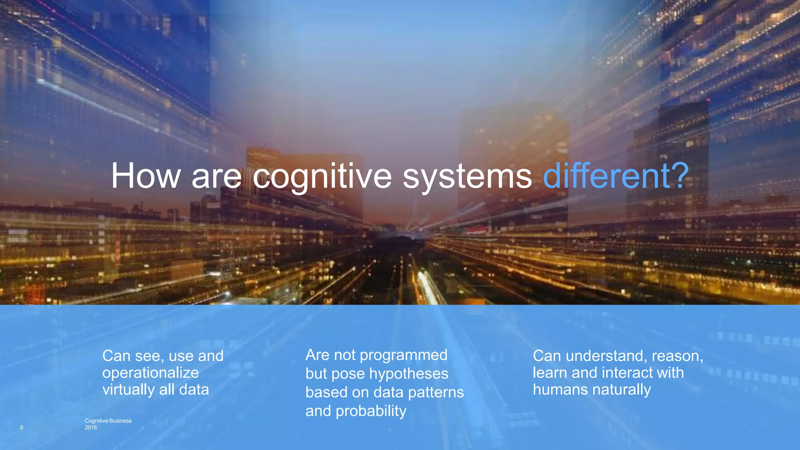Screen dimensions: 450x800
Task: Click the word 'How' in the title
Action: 146,176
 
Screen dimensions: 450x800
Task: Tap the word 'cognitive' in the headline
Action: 322,176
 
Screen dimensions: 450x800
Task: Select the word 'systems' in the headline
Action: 467,176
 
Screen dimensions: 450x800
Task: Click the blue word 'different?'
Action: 616,176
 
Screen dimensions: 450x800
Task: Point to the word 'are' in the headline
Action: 216,176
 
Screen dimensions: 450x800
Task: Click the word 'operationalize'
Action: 150,373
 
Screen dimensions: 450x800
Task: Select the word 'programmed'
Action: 403,355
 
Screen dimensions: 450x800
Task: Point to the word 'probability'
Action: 371,411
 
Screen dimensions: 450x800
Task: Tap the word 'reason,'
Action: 677,356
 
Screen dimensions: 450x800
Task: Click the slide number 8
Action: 21,427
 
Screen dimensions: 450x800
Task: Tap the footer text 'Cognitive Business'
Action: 108,421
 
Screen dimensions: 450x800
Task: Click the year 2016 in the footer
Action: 91,427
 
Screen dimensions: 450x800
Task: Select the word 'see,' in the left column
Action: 150,356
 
